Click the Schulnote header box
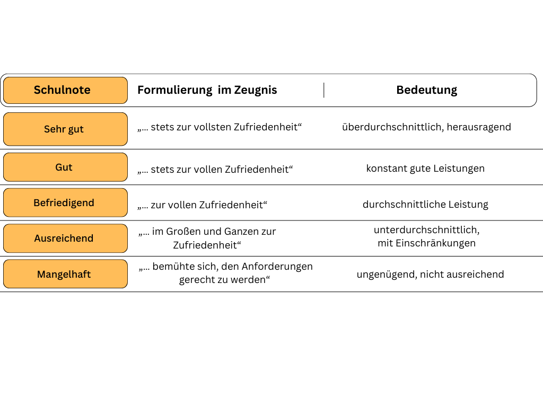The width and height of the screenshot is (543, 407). [x=65, y=90]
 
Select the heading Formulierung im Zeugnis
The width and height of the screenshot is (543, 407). [x=207, y=90]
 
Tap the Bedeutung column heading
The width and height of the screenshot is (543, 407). [x=427, y=90]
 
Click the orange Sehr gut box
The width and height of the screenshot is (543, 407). [x=65, y=129]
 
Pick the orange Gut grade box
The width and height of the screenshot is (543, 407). [x=65, y=167]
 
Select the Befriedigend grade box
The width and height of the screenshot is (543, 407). [x=65, y=202]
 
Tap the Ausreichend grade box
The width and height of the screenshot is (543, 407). [x=65, y=238]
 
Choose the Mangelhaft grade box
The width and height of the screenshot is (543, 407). [x=65, y=274]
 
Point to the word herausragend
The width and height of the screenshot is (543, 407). [x=479, y=127]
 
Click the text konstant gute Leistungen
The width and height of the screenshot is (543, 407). [x=425, y=169]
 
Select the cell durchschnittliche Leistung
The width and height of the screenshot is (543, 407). [x=425, y=204]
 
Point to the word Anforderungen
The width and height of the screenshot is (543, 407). [x=277, y=267]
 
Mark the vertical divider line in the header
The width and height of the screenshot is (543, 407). [x=324, y=90]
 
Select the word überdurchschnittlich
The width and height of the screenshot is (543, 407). [x=393, y=127]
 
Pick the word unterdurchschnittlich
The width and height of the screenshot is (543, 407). [x=426, y=230]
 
